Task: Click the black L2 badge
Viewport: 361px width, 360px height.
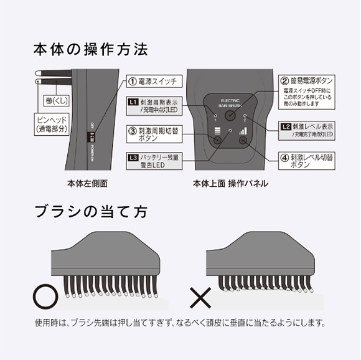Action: [286, 127]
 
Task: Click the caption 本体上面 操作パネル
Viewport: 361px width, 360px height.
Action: [230, 184]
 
